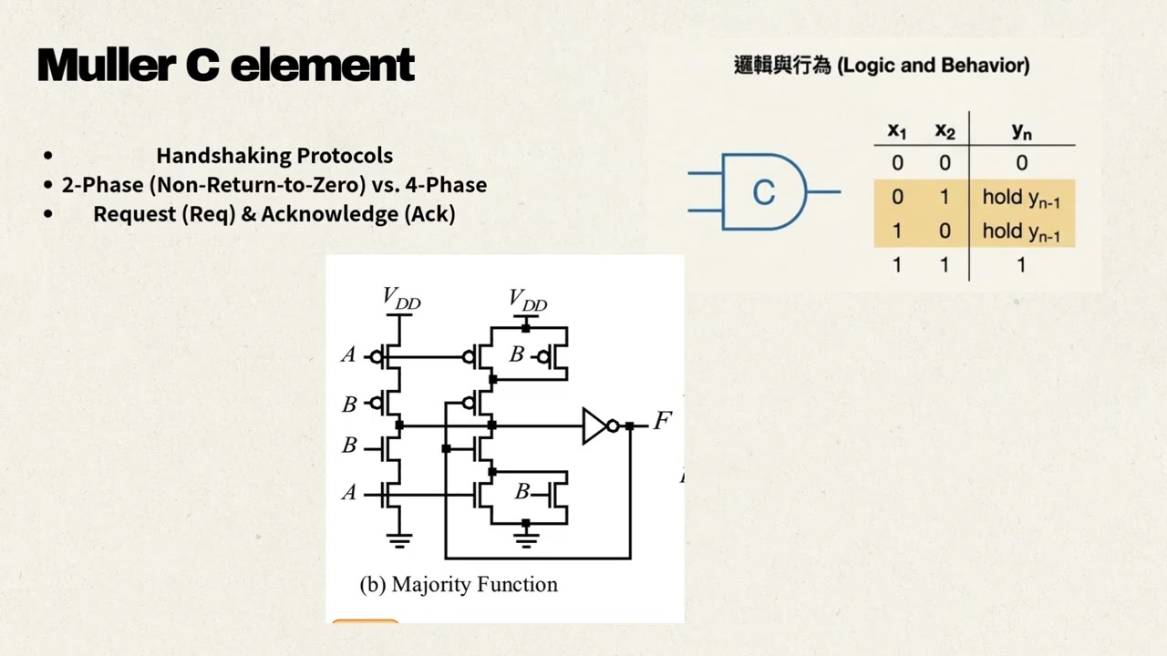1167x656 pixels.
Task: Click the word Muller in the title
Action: coord(106,65)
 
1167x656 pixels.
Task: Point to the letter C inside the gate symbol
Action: coord(764,192)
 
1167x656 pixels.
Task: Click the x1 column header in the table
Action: coord(897,130)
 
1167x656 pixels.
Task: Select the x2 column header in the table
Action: coord(945,130)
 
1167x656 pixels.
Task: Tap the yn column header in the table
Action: coord(1022,131)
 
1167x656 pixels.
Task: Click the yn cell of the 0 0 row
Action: coord(1022,163)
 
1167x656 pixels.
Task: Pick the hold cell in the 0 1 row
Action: coord(1021,198)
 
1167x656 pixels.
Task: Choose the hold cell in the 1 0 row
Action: coord(1021,231)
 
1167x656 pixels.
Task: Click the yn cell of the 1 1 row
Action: coord(1022,265)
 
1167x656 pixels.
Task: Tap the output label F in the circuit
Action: coord(663,421)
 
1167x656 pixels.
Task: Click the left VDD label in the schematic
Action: coord(401,298)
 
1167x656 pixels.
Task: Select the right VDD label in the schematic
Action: coord(528,301)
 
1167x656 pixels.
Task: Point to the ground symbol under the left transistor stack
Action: coord(399,541)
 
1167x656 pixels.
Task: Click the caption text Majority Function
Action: coord(475,584)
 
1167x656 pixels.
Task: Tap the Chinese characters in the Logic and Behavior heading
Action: coord(782,66)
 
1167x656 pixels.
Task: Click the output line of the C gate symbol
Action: coord(823,192)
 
